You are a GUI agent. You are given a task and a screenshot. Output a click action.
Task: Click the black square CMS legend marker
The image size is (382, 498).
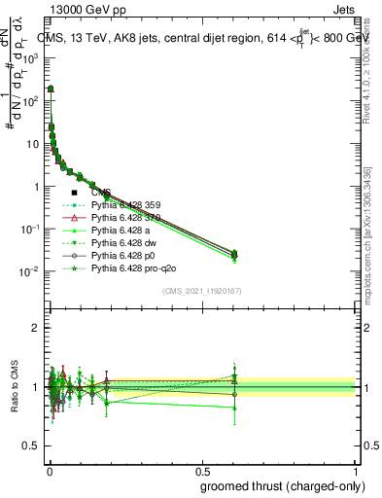(74, 192)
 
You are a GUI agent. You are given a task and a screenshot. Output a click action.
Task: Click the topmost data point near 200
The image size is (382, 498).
(51, 89)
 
